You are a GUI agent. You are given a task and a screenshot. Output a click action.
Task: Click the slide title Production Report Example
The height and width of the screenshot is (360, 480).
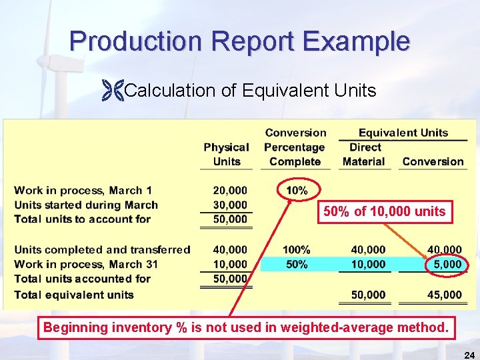point(239,41)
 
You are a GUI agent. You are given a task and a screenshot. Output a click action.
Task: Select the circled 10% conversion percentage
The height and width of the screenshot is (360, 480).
point(297,191)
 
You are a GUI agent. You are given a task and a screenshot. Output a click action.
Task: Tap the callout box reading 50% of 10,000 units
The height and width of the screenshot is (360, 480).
point(384,212)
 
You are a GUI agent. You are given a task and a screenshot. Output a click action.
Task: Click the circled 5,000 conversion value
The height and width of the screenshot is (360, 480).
point(446,264)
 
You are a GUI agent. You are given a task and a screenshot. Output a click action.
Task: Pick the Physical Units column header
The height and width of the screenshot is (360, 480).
point(227,154)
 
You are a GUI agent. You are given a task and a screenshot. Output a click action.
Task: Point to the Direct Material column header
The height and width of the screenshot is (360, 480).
point(363,154)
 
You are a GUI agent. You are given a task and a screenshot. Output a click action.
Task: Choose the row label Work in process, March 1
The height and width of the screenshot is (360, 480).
point(83,191)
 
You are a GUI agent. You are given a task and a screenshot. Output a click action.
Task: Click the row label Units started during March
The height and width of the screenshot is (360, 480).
point(86,205)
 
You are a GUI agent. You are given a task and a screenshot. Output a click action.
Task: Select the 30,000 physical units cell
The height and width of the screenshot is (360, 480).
point(231,205)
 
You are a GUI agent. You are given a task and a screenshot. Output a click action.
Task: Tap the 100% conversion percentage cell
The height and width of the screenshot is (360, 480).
point(297,250)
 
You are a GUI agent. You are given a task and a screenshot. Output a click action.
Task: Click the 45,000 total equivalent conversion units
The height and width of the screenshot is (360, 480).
point(445,295)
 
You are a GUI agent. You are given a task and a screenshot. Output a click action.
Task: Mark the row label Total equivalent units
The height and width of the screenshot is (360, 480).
point(74,295)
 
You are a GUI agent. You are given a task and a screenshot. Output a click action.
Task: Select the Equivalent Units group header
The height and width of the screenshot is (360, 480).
point(403,133)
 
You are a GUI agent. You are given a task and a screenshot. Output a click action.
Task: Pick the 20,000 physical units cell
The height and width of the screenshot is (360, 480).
point(231,191)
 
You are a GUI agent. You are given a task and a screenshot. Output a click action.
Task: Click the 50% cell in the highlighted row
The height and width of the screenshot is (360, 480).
point(297,264)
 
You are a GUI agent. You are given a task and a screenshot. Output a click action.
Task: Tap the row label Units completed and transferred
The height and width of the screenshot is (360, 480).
point(102,250)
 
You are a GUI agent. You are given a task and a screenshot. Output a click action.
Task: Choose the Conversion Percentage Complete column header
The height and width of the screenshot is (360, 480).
point(295,147)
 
